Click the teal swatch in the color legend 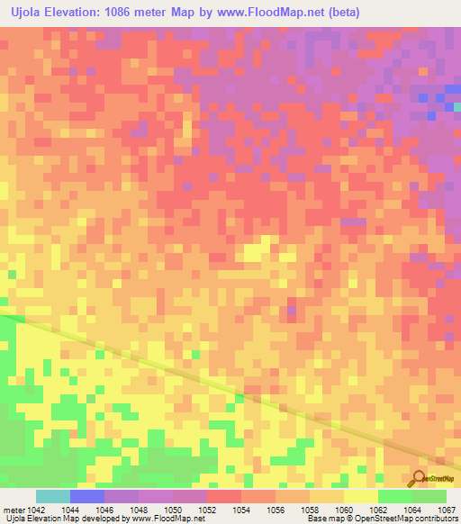click(53, 496)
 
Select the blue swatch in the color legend click(87, 496)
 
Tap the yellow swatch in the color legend click(360, 496)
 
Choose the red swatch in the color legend click(223, 496)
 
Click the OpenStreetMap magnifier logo click(418, 478)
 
